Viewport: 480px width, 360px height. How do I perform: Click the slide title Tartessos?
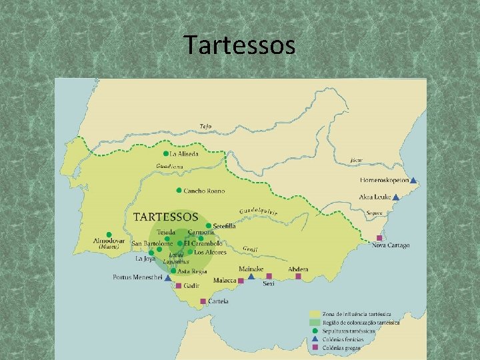coord(239,45)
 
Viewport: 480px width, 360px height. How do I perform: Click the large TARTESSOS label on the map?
coord(166,217)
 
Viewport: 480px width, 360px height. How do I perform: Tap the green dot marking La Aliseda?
coord(166,154)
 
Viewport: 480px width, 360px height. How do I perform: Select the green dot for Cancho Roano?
coord(179,191)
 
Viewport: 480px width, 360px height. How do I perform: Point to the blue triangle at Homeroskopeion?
coord(413,180)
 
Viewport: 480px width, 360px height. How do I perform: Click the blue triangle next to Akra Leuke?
coord(396,197)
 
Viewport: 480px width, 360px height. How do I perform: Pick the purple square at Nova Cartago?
coord(379,238)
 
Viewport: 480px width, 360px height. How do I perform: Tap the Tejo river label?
coord(206,126)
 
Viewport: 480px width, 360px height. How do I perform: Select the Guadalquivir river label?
coord(258,209)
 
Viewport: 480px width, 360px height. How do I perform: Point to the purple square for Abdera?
coord(299,276)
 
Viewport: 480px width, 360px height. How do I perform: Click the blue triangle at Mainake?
coord(251,276)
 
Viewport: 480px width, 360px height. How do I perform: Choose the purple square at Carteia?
coord(203,301)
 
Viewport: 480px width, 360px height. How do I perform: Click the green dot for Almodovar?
coord(109,235)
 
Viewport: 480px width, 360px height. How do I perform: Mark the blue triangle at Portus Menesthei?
coord(167,278)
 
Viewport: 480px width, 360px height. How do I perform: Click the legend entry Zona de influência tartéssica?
coord(357,314)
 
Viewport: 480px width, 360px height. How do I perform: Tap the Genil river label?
coord(250,249)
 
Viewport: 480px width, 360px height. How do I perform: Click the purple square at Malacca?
coord(241,281)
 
